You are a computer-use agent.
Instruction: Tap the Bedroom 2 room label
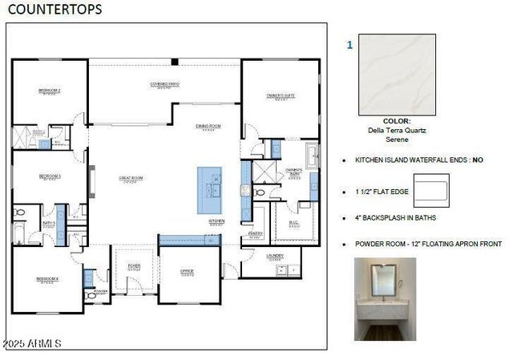point(50,91)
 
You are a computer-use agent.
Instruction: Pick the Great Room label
point(131,180)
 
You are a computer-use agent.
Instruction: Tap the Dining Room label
point(208,127)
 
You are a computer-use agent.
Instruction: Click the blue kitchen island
point(211,190)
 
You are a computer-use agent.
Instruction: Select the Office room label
point(187,272)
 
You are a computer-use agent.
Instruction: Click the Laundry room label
point(276,257)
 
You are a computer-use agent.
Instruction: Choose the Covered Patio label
point(164,84)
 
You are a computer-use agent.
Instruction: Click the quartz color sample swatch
point(398,74)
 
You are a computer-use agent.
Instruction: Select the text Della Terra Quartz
point(398,130)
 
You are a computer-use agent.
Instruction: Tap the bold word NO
point(478,160)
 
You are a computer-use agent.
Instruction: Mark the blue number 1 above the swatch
point(349,46)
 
